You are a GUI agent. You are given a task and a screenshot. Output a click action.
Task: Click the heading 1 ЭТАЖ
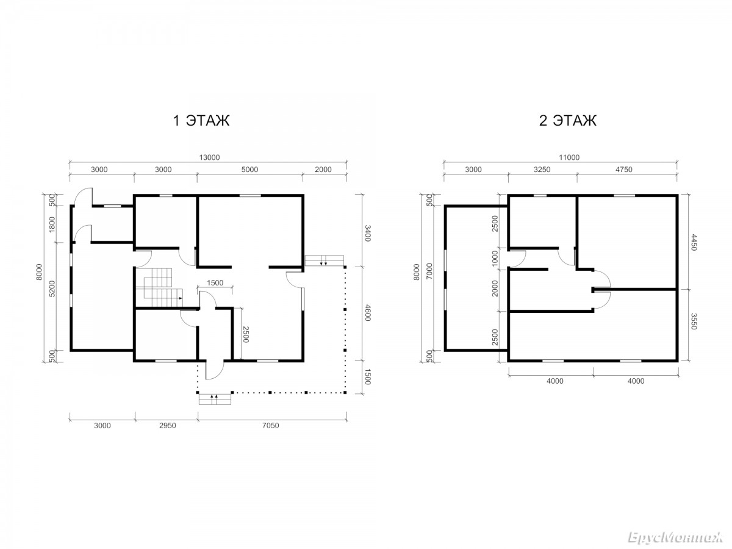click(201, 120)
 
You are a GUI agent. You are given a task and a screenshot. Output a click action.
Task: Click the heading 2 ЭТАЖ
click(567, 120)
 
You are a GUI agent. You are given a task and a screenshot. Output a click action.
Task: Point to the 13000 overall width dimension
click(209, 157)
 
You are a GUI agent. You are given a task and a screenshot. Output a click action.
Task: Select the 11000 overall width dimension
click(569, 157)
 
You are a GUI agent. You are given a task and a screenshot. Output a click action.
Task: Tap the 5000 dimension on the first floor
click(249, 170)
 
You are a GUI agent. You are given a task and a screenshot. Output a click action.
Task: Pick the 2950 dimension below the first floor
click(167, 426)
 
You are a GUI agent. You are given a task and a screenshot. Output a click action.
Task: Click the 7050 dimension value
click(270, 426)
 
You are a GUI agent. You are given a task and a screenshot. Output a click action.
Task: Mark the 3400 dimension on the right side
click(367, 234)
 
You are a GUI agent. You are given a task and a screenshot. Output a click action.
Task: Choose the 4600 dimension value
click(367, 313)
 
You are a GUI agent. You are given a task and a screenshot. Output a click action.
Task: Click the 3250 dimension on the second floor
click(542, 170)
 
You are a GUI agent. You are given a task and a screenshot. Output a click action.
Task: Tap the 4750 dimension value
click(623, 170)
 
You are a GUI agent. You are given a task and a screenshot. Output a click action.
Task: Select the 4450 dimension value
click(694, 242)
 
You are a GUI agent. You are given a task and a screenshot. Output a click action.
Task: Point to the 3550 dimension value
click(694, 321)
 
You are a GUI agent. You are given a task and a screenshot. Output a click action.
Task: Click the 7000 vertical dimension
click(429, 271)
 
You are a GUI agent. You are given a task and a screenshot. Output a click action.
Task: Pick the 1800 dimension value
click(52, 224)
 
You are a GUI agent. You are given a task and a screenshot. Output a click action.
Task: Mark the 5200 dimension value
click(52, 289)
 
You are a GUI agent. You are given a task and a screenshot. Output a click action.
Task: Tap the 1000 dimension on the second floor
click(495, 258)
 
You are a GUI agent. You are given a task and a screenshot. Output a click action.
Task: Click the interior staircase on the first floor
click(159, 287)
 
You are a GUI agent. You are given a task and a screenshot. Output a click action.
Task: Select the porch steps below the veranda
click(215, 399)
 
